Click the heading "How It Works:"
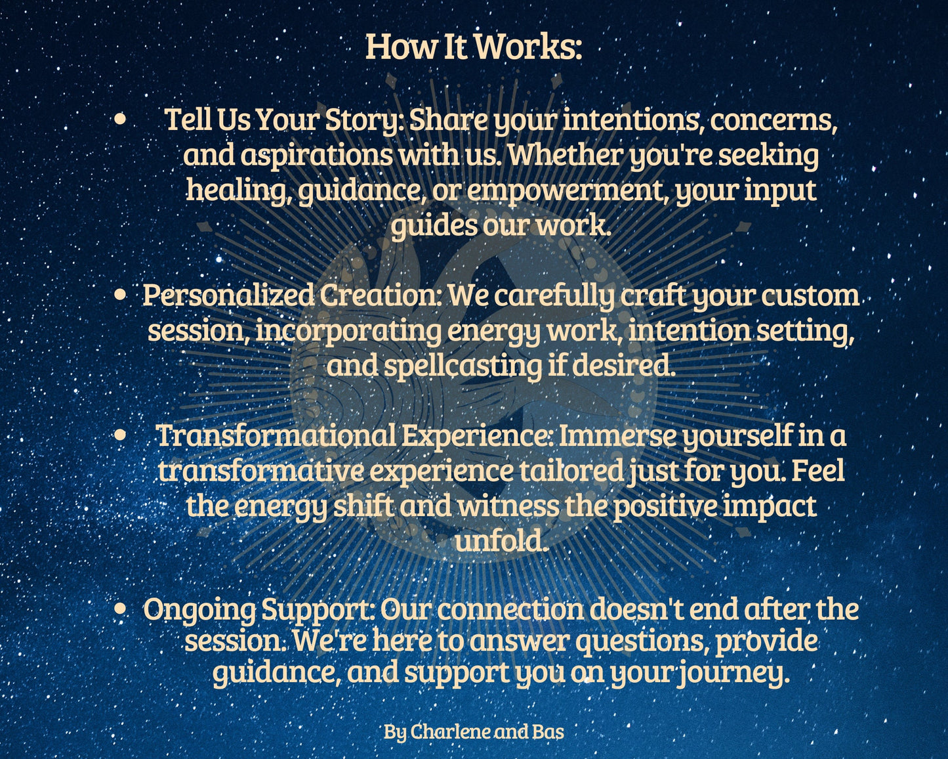(474, 47)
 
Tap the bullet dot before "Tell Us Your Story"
(120, 119)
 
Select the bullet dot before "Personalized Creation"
(120, 295)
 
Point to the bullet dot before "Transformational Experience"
(120, 435)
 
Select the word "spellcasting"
(463, 366)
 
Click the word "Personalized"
(229, 295)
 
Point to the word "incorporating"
(348, 331)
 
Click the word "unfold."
(502, 541)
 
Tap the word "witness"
(508, 506)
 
